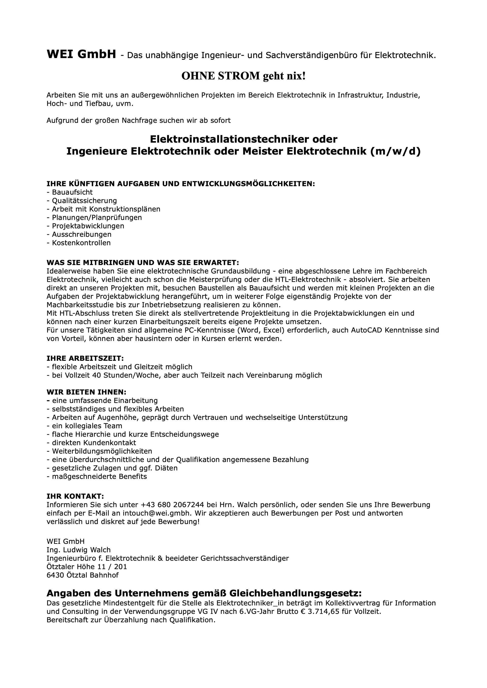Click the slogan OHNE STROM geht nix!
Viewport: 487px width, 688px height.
tap(243, 76)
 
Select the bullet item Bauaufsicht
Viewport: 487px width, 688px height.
tap(72, 192)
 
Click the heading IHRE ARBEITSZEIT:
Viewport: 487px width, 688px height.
tap(85, 358)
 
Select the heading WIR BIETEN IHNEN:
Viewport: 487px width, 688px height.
tap(86, 392)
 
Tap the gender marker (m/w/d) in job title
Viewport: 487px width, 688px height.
tap(395, 151)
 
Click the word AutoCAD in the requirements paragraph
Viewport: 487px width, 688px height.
tap(367, 330)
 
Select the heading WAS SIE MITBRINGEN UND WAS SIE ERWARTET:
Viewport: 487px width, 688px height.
tap(143, 263)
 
